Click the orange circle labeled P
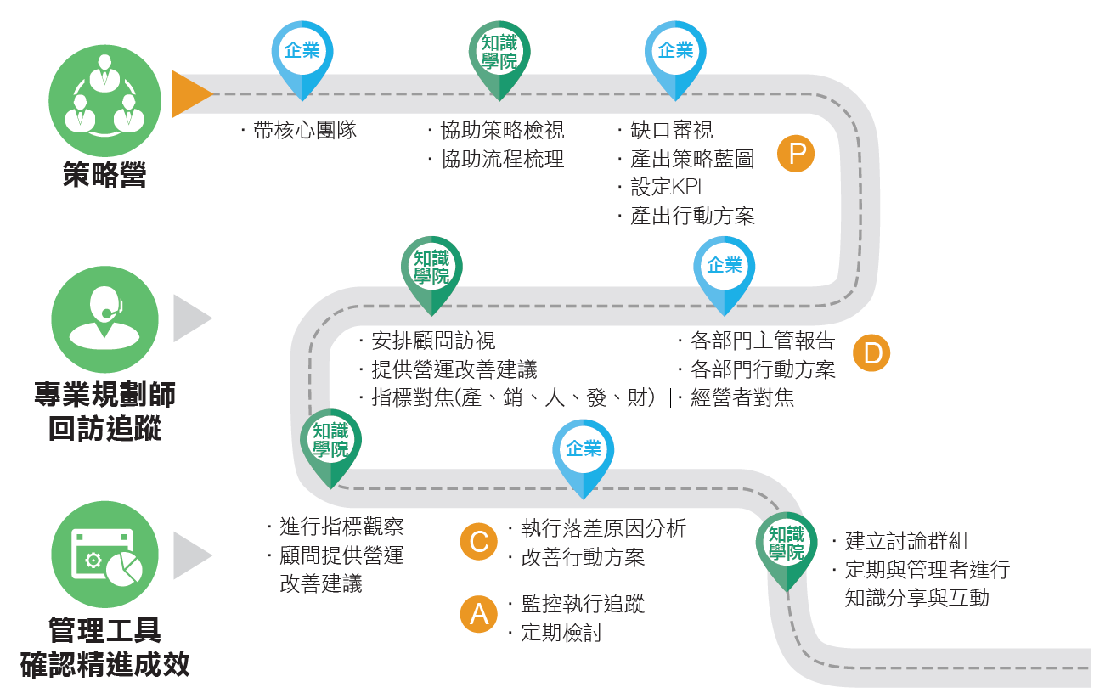[796, 154]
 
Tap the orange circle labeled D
[871, 353]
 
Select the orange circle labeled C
[479, 542]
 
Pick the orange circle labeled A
[479, 613]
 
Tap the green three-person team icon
[104, 100]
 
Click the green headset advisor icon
[105, 319]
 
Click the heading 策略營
[104, 176]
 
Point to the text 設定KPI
[665, 187]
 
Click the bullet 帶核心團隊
[304, 131]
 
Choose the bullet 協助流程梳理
[501, 159]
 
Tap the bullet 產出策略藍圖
[691, 159]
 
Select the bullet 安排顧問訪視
[433, 341]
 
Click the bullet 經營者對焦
[742, 397]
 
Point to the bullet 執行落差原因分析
[603, 528]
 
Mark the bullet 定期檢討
[561, 634]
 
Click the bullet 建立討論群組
[905, 541]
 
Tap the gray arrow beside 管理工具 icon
[192, 555]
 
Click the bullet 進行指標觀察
[341, 527]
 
